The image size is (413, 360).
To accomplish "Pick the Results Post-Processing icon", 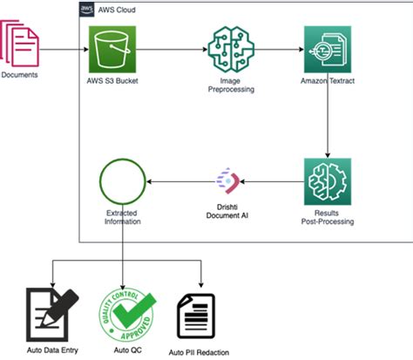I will [x=327, y=180].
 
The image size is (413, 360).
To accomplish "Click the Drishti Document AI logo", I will [x=227, y=181].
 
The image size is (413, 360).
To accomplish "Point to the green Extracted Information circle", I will [x=122, y=181].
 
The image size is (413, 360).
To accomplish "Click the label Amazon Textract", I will [x=327, y=82].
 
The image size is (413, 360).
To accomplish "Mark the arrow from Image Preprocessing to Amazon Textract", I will [x=276, y=49].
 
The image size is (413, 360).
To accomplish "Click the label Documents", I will [x=19, y=75].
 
